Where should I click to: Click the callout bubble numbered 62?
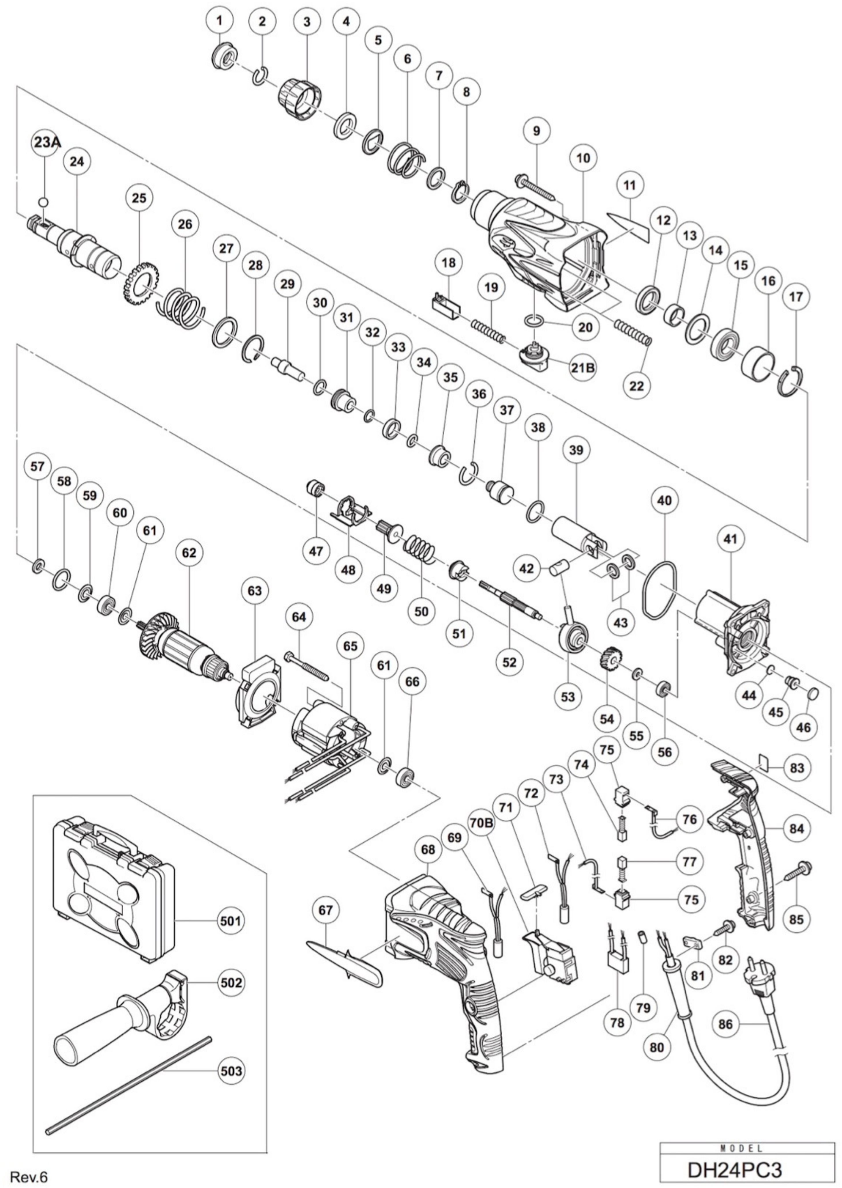click(x=189, y=553)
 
